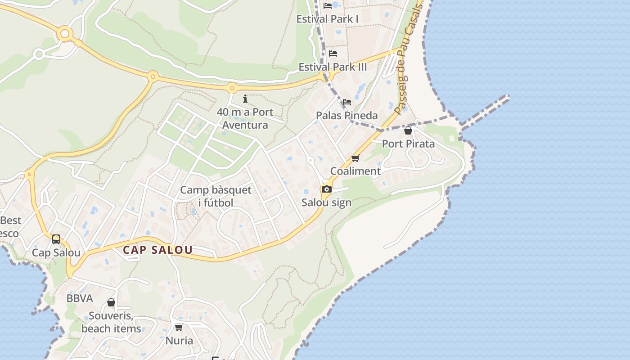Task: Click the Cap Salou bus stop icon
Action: (x=56, y=239)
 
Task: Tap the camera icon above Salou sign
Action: (x=327, y=189)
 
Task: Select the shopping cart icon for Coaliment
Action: (x=355, y=158)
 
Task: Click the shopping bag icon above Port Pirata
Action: (x=408, y=130)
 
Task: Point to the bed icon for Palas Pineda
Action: (x=346, y=102)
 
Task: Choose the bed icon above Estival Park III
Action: (x=333, y=54)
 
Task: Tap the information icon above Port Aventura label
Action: (x=245, y=99)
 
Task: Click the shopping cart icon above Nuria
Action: (x=179, y=327)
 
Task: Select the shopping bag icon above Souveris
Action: (x=111, y=302)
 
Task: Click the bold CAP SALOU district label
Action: (x=158, y=250)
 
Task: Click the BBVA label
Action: (x=80, y=298)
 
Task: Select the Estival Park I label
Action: (x=327, y=19)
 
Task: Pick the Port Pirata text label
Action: (x=408, y=144)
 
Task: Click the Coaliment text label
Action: (x=355, y=171)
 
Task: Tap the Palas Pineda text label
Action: (x=346, y=116)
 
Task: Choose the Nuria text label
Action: (x=179, y=341)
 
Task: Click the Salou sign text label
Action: (x=326, y=202)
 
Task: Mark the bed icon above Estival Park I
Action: (x=328, y=6)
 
